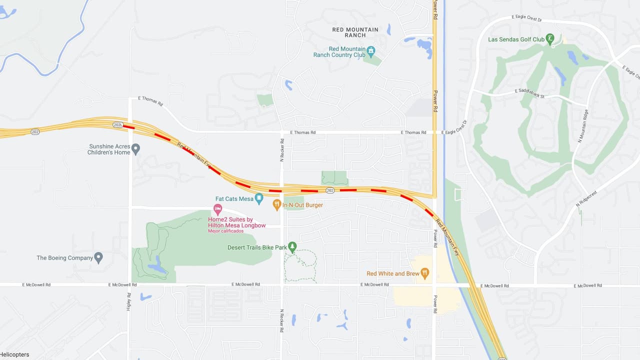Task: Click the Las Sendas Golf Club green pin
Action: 550,38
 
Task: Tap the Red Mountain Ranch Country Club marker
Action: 370,50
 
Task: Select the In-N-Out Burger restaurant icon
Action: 276,204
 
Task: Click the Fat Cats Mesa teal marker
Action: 259,198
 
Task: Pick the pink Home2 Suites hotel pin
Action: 217,208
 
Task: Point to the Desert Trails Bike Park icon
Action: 292,246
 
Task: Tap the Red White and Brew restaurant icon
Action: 424,273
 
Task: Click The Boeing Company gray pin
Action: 98,257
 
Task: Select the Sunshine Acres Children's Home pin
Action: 135,148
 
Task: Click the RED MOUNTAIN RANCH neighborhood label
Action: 355,32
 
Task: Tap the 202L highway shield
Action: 117,125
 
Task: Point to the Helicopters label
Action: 14,354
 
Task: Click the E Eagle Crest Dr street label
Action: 527,18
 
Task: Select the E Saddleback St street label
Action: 529,93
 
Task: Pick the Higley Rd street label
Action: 128,301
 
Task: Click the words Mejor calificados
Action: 225,231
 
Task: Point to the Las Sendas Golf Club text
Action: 516,39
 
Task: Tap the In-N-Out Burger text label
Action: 302,205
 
